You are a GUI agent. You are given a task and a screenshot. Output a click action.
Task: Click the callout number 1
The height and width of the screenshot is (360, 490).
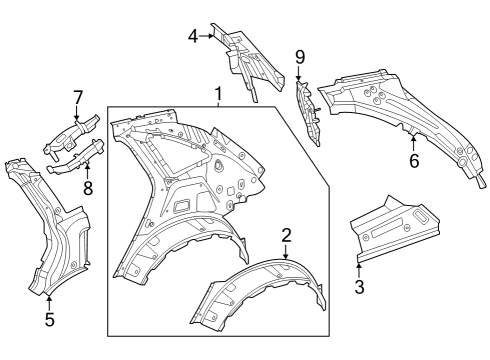point(218,94)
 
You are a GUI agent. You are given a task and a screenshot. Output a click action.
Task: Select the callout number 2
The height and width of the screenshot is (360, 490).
point(286,235)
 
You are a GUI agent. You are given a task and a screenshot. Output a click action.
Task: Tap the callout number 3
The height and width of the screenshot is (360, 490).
point(359,287)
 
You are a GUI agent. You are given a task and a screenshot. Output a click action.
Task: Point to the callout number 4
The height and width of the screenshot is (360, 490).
point(193,36)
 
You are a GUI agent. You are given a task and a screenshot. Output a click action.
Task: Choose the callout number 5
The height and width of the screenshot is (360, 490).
point(49,320)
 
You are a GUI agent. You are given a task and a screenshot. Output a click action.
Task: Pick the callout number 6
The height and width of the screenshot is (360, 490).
point(414,161)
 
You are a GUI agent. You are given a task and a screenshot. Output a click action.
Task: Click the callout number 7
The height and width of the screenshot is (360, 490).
point(77,98)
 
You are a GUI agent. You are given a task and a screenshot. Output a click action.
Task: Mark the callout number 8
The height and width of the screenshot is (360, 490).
point(88,188)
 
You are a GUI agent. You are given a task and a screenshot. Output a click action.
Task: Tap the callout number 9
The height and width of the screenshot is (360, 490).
point(300,57)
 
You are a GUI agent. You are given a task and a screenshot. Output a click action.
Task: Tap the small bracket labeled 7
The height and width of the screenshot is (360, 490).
point(72,135)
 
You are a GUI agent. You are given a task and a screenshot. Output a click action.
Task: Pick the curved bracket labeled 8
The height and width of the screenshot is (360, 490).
point(75,158)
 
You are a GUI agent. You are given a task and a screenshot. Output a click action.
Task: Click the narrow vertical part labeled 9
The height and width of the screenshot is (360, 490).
point(308,112)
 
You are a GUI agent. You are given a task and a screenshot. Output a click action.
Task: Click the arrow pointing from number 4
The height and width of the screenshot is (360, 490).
point(206,36)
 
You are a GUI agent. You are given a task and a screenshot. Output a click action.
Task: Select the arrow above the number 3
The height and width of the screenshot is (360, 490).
point(359,271)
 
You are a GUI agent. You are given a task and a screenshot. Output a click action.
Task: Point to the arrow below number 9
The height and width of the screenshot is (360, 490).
point(298,73)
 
